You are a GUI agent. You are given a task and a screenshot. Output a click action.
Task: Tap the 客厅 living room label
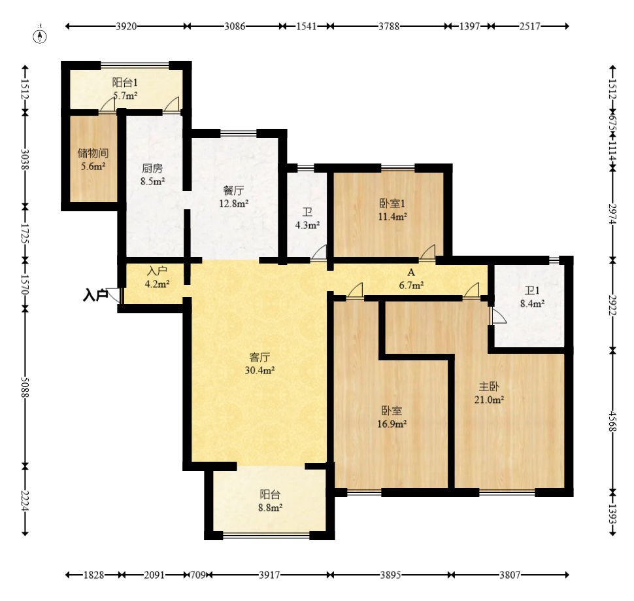tap(259, 357)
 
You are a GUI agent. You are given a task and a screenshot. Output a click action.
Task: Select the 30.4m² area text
tap(259, 370)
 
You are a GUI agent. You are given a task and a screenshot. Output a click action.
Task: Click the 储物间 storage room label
tap(93, 153)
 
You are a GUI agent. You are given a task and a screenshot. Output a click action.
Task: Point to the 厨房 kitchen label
tap(152, 168)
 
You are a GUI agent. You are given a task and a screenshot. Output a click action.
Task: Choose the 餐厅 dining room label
tap(233, 190)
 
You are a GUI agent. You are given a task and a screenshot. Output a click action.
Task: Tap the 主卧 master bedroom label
tap(489, 386)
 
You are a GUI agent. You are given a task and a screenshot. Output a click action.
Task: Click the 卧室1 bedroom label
tap(392, 203)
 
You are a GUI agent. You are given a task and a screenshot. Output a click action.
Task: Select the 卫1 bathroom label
tap(532, 290)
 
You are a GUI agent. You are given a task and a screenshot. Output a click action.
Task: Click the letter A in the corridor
tap(411, 272)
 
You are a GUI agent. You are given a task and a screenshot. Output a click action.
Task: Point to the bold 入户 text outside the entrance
tap(95, 295)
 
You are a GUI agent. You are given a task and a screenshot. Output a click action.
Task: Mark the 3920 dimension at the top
tap(126, 26)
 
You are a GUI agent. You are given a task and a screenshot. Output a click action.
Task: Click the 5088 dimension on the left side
tap(25, 387)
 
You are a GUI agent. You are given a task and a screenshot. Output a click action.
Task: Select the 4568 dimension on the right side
tap(612, 421)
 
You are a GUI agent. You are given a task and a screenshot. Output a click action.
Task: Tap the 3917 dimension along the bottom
tap(269, 575)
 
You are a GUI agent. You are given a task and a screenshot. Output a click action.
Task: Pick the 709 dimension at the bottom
tap(198, 575)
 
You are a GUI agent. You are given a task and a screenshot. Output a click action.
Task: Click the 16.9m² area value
tap(392, 424)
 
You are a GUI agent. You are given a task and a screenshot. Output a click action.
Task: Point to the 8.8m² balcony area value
tap(270, 507)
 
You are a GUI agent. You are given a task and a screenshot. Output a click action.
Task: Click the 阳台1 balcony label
tap(125, 82)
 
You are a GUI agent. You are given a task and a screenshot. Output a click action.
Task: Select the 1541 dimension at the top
tap(306, 26)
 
